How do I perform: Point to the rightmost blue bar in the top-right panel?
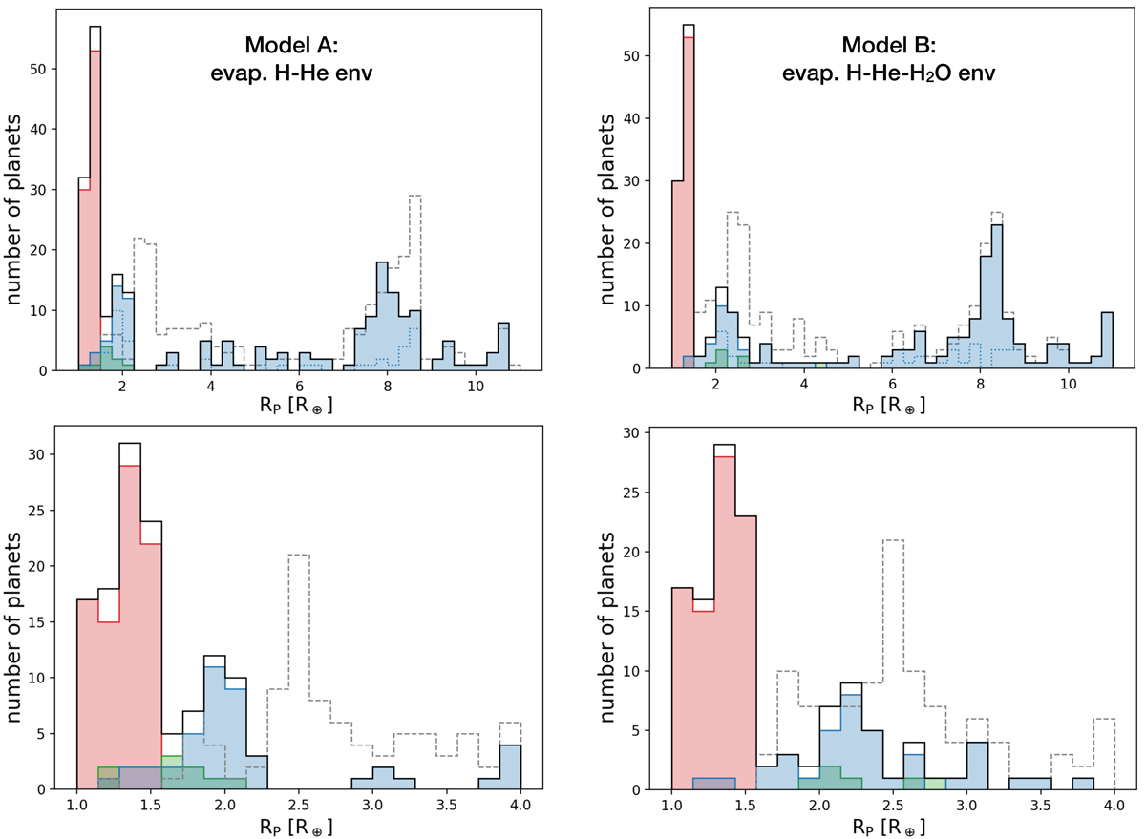click(x=1107, y=341)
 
